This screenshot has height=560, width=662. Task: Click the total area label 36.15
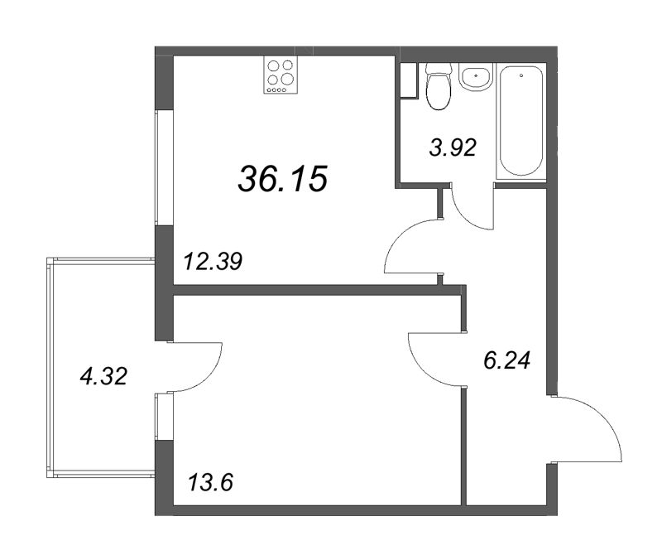point(283,178)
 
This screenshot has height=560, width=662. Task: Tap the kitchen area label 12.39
point(213,261)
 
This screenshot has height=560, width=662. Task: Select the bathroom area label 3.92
point(453,147)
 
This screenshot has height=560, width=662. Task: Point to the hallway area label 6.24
point(506,361)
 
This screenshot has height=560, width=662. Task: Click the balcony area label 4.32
point(103,376)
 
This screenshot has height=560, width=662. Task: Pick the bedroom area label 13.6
point(211,482)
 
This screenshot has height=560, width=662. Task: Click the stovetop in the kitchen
point(281,75)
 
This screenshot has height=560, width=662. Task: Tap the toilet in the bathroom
point(439,87)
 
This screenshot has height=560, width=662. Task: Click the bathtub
point(521,121)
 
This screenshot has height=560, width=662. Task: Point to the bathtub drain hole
point(521,76)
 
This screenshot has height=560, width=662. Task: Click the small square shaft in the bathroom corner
point(409,80)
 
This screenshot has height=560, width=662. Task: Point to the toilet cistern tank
point(439,69)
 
